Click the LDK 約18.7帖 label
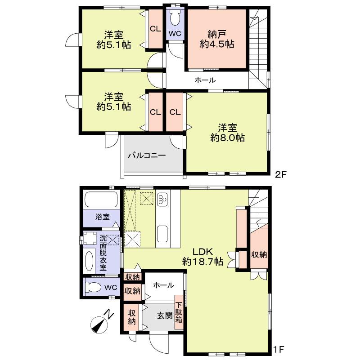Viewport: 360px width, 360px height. pos(202,256)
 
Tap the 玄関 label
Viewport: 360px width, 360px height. pos(165,316)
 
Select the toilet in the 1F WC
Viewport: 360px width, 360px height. pos(94,287)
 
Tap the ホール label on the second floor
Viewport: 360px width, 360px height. pos(205,80)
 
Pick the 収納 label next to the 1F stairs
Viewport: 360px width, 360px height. pos(259,254)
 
